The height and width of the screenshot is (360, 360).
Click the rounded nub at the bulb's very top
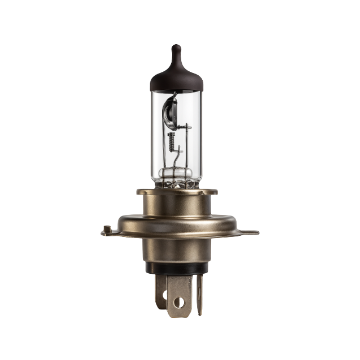click(x=176, y=49)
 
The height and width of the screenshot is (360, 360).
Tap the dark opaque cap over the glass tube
click(x=176, y=78)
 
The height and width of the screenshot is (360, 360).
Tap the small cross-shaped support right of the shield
click(x=187, y=127)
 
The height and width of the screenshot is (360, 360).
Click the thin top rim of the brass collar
click(x=177, y=192)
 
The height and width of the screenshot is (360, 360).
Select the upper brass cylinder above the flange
click(x=177, y=204)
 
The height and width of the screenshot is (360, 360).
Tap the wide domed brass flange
click(x=177, y=224)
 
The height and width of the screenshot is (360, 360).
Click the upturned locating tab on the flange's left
click(x=107, y=229)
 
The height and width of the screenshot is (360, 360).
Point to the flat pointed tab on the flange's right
click(x=251, y=232)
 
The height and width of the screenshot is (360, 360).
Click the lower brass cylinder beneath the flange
click(x=177, y=250)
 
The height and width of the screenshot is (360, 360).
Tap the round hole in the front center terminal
click(x=179, y=302)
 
